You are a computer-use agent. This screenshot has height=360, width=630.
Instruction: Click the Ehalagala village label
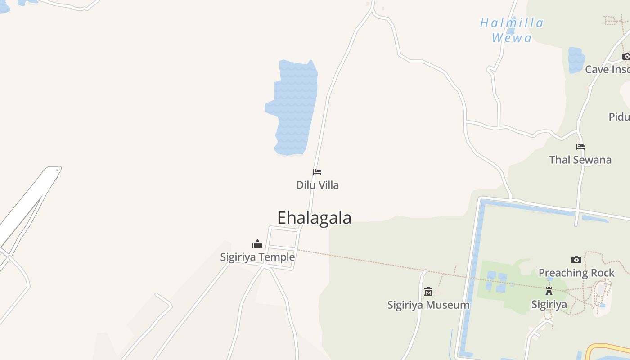[x=314, y=218]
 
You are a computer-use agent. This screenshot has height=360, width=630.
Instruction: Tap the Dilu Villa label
[x=317, y=185]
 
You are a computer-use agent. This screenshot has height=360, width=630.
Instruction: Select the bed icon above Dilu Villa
[x=317, y=171]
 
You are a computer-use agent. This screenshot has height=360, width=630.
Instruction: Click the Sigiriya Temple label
[x=257, y=257]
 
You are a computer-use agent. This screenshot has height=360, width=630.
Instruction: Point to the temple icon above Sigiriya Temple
[x=257, y=244]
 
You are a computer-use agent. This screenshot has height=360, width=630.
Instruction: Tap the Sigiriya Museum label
[x=428, y=305]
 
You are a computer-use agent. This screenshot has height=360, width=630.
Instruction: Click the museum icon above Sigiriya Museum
[x=428, y=292]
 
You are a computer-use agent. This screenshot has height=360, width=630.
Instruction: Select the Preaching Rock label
[x=576, y=273]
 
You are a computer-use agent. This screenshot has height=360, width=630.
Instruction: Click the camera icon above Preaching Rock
[x=576, y=260]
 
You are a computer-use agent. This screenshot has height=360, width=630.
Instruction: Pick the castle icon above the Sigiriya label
[x=549, y=291]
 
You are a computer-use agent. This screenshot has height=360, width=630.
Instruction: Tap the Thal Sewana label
[x=580, y=160]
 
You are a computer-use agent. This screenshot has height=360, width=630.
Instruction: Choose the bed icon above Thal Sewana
[x=580, y=147]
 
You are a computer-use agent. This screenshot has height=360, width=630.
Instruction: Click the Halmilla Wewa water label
[x=512, y=30]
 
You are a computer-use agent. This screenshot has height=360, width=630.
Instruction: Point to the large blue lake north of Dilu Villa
[x=294, y=108]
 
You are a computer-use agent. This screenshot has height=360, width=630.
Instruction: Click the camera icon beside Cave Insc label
[x=626, y=57]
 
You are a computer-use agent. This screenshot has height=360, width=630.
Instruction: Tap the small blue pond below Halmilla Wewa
[x=576, y=59]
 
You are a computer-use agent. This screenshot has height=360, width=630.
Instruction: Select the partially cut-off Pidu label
[x=619, y=117]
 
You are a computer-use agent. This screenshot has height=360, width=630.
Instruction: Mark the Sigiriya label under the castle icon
[x=549, y=305]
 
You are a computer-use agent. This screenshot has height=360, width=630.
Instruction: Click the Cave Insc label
[x=607, y=69]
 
